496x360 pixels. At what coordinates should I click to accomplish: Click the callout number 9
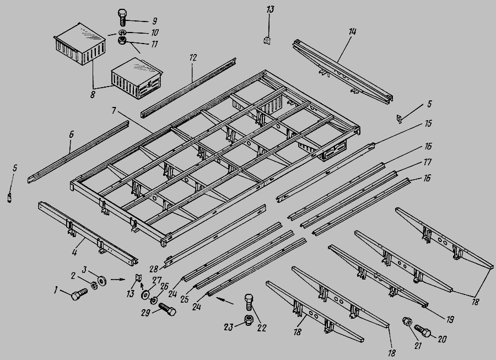click(154, 21)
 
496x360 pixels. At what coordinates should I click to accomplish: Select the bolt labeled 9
click(122, 18)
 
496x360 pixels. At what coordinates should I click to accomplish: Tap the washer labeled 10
click(122, 33)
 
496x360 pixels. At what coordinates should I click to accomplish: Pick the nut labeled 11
click(122, 40)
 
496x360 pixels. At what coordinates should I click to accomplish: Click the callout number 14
click(352, 31)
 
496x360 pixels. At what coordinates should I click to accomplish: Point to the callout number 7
click(114, 110)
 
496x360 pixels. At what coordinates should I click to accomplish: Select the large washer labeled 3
click(102, 281)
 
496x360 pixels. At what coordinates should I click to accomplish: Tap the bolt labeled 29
click(168, 309)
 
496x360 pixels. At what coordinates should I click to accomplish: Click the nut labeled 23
click(249, 320)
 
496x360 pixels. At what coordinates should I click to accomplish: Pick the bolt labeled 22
click(249, 303)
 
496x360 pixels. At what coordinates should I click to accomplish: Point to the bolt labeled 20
click(423, 331)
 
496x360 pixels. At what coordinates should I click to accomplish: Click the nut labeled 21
click(407, 322)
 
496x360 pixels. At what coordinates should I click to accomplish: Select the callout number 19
click(450, 320)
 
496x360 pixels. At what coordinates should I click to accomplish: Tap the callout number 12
click(193, 57)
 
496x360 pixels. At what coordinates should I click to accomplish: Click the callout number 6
click(71, 135)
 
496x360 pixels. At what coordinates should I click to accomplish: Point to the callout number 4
click(74, 252)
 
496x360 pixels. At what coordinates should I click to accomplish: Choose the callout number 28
click(154, 269)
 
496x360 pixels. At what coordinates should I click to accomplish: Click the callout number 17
click(427, 162)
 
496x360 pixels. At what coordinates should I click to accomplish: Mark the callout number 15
click(428, 123)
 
